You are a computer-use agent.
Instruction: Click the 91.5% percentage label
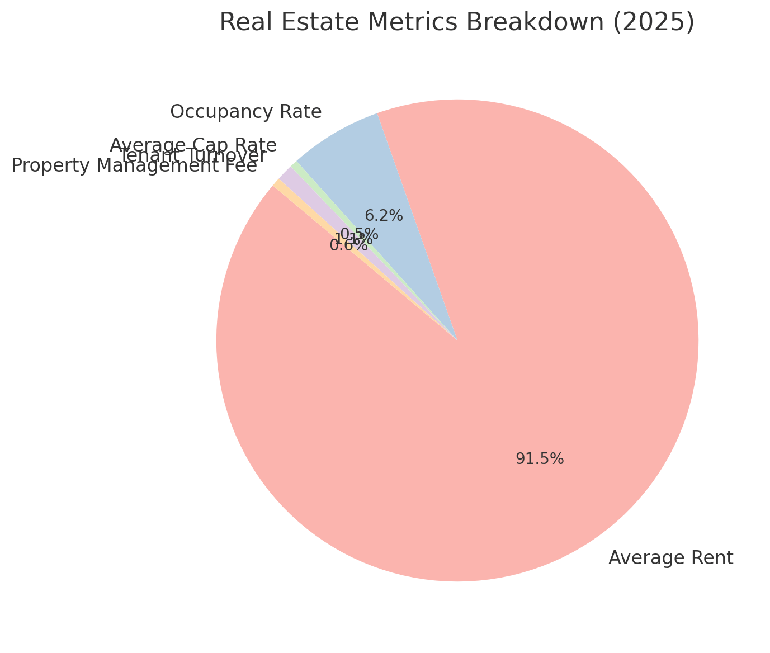point(540,459)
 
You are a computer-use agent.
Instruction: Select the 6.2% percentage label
point(384,216)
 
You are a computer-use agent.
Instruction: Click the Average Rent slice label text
point(670,558)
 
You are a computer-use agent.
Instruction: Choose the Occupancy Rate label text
point(245,112)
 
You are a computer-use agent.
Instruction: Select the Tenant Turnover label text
point(192,156)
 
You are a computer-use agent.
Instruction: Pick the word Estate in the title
point(302,23)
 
